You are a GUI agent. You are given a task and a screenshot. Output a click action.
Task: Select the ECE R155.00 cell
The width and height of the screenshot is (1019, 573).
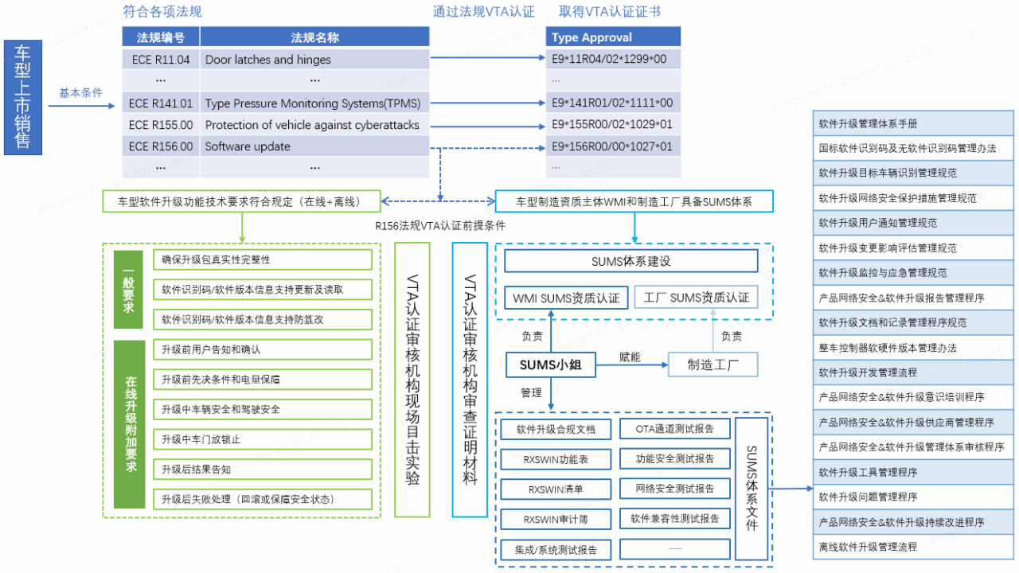click(161, 125)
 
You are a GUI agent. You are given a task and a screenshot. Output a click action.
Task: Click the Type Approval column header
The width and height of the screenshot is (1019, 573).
click(613, 37)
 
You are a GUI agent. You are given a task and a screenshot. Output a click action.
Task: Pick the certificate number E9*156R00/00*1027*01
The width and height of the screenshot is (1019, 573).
click(613, 146)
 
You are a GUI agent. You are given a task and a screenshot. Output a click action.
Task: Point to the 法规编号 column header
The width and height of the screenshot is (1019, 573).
click(161, 37)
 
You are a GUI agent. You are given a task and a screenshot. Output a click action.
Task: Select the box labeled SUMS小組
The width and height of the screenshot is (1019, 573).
click(549, 364)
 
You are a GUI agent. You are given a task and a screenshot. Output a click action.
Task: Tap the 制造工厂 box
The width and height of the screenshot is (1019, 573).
click(713, 364)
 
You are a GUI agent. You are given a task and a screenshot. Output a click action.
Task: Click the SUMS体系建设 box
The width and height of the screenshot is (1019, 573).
click(631, 261)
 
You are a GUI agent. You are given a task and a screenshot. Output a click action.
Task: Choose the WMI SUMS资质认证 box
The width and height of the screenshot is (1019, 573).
click(567, 298)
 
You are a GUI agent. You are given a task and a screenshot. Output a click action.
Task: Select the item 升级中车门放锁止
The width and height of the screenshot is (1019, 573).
click(263, 439)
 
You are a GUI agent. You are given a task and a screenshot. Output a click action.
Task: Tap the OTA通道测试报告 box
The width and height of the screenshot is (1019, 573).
click(675, 429)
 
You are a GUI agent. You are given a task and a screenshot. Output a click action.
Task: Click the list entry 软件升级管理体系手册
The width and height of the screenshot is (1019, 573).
click(913, 124)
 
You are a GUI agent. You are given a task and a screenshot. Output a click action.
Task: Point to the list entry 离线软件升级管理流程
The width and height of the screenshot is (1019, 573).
click(913, 547)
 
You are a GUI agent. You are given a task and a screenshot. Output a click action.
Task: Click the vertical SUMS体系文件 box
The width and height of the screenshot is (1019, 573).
click(752, 488)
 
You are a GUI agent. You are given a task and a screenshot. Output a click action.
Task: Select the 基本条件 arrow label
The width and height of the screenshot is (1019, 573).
click(80, 93)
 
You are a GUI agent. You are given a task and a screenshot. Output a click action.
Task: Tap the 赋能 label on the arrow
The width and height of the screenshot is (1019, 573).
click(630, 357)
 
